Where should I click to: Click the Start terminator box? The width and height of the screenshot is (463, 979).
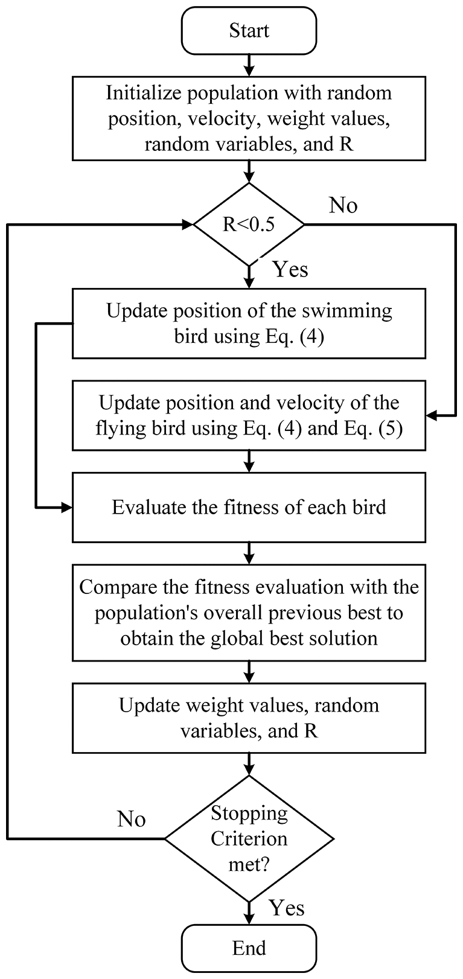(249, 30)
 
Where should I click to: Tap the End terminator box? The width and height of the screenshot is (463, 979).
(249, 948)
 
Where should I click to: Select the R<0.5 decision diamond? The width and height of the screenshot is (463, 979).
(249, 225)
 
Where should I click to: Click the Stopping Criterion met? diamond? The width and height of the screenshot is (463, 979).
(249, 838)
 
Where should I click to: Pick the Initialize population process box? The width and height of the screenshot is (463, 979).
(249, 118)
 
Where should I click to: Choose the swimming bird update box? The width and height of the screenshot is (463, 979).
(249, 324)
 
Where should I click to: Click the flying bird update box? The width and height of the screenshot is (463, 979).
(249, 415)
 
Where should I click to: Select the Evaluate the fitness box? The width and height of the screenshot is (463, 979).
(249, 507)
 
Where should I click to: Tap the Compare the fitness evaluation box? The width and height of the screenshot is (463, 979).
(249, 612)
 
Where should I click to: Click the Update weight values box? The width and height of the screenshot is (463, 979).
(249, 718)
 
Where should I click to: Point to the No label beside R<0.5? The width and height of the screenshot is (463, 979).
(343, 206)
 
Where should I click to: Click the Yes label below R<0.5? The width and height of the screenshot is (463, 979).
(290, 269)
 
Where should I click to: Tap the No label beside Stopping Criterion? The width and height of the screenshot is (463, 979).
(131, 819)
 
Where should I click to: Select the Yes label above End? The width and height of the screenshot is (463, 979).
(287, 908)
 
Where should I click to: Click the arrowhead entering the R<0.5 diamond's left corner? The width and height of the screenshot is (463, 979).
(187, 225)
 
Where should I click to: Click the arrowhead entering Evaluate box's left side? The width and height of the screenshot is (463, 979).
(67, 507)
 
